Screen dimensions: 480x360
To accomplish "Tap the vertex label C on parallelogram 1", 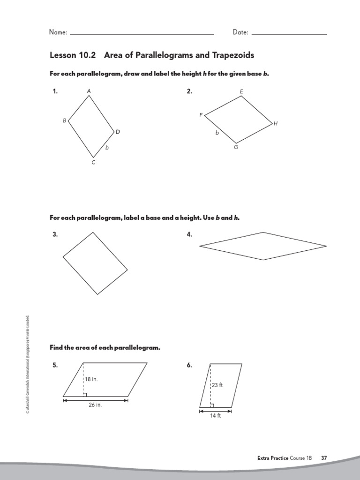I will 93,163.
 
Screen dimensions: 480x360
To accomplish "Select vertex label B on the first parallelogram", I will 65,120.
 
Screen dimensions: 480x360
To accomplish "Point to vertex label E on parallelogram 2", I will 241,91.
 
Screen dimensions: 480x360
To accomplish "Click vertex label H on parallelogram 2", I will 276,123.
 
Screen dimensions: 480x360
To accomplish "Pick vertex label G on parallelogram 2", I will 236,147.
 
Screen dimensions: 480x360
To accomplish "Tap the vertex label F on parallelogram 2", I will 201,115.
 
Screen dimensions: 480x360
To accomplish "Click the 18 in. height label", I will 92,379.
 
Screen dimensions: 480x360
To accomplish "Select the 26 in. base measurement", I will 95,405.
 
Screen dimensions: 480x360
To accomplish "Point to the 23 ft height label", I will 217,385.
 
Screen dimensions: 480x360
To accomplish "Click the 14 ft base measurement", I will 215,416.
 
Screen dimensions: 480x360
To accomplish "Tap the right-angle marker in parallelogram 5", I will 85,394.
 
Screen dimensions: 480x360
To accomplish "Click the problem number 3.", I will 55,235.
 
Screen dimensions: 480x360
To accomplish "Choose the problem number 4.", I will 189,235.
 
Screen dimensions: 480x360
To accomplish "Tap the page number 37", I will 324,457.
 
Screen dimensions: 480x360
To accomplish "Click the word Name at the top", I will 58,32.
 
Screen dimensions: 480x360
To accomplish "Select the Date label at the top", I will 240,32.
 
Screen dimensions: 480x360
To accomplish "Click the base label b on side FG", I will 217,133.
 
